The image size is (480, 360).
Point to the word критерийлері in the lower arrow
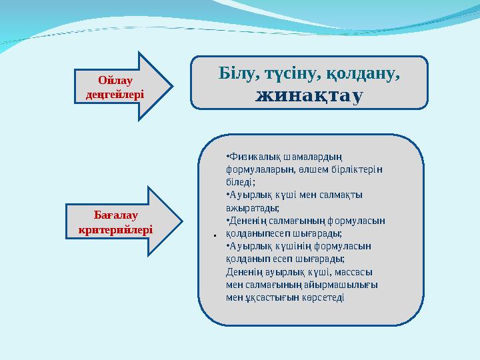[x=115, y=229]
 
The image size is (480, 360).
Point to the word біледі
[x=241, y=182]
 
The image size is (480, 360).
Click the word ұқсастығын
[x=266, y=297]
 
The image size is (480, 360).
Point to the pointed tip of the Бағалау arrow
[x=182, y=221]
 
